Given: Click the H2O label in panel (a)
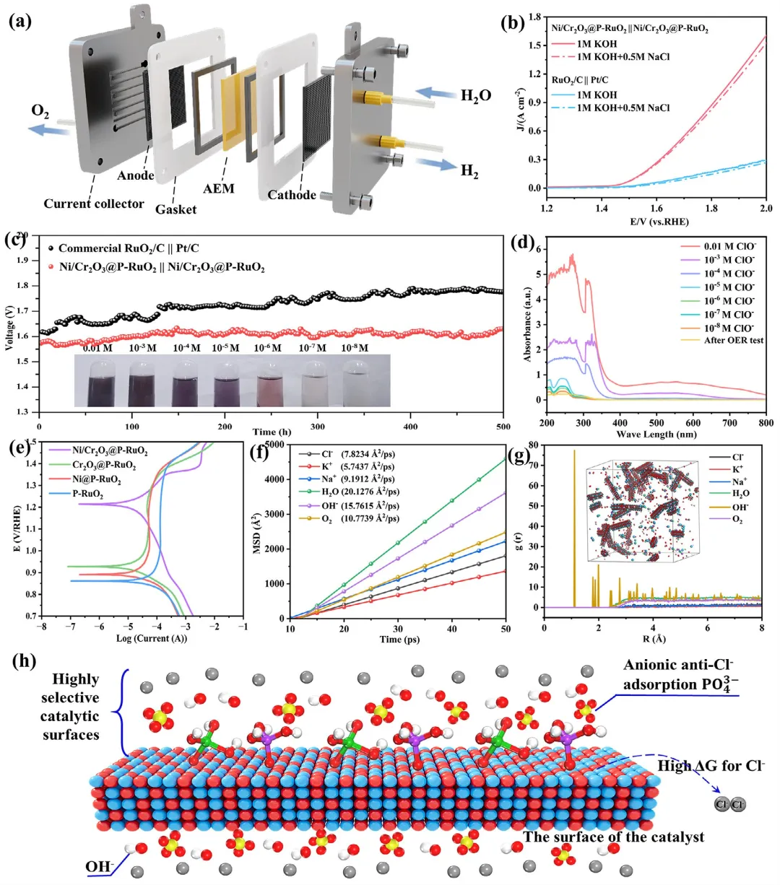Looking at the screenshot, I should [x=476, y=95].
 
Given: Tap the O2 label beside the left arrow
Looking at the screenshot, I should [x=40, y=112].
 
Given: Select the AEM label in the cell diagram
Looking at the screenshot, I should [x=219, y=188].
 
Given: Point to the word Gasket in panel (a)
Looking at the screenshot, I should [x=175, y=209].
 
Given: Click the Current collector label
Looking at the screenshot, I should [x=94, y=204].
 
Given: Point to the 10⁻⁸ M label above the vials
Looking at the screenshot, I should [x=354, y=348].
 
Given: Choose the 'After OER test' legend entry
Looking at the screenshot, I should [x=733, y=340].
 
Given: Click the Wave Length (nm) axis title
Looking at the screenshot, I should [x=655, y=435].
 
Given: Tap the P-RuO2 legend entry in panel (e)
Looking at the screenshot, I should [x=87, y=495].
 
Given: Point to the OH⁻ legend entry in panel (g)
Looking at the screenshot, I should [x=740, y=507].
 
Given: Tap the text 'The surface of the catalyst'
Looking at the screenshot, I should [x=613, y=837].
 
